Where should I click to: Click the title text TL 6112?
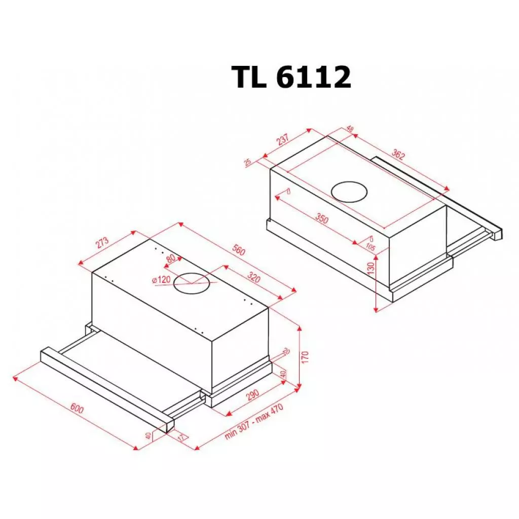[291, 78]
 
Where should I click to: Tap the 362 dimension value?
[398, 156]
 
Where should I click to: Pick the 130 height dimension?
[370, 268]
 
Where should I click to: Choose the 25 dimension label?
[248, 163]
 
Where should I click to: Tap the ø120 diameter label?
[160, 279]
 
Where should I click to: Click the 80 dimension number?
[170, 258]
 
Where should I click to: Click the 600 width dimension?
[77, 409]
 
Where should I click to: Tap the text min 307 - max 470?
[253, 424]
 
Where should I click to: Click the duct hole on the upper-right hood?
[350, 192]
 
